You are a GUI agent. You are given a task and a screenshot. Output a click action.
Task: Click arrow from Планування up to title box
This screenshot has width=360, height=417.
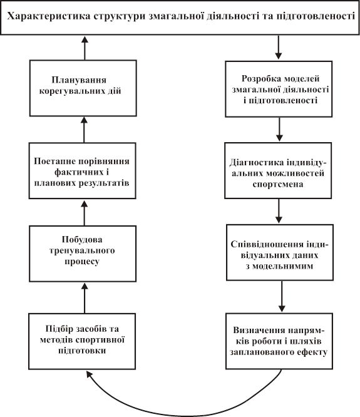[85, 48]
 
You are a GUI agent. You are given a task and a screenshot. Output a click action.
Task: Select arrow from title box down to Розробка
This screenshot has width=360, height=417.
[279, 48]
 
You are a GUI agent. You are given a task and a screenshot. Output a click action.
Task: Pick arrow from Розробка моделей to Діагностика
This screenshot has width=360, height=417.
[279, 130]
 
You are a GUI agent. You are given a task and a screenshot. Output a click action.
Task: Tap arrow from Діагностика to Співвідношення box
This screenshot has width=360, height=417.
[279, 211]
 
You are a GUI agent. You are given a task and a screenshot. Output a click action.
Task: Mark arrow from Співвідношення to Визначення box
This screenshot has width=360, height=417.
[282, 297]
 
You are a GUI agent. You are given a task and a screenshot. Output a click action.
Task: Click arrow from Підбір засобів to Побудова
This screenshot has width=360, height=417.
[85, 298]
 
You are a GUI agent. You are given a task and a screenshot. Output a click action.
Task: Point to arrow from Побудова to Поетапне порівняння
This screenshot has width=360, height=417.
[85, 213]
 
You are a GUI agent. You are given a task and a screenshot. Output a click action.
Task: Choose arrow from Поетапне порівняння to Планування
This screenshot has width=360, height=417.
[84, 130]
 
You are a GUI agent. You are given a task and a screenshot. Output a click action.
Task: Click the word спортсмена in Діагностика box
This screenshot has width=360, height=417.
[278, 184]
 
